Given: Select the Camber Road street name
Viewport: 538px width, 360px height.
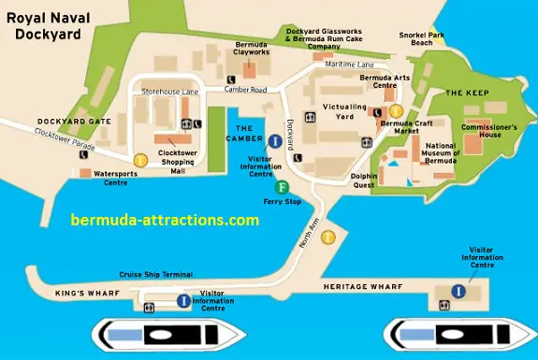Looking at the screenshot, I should tap(245, 90).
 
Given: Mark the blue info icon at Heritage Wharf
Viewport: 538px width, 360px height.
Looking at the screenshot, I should tap(458, 291).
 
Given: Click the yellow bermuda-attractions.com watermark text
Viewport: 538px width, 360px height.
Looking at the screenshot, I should tap(165, 221).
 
